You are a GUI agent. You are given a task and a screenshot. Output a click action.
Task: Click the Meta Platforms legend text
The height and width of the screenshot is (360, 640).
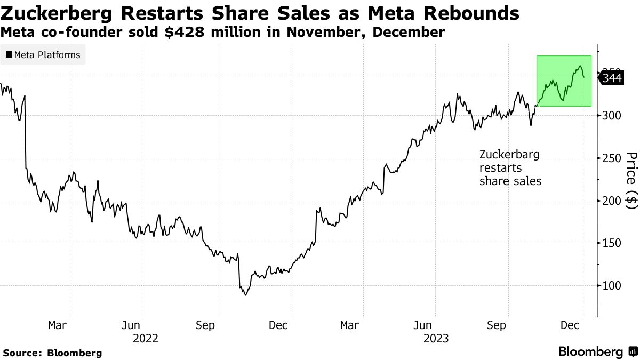coord(47,55)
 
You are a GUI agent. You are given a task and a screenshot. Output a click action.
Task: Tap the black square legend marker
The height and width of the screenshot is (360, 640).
coord(9,55)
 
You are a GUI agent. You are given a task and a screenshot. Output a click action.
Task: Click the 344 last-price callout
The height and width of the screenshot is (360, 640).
coord(612,78)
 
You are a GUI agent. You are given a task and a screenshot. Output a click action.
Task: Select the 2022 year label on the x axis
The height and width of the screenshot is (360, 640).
coord(146,338)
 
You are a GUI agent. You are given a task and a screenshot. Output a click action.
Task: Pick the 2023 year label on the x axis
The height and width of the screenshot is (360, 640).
coord(435,338)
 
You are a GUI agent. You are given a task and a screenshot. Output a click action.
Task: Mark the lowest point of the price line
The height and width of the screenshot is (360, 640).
coord(245,295)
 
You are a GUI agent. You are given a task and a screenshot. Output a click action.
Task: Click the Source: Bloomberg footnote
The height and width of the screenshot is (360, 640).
coord(52,353)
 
